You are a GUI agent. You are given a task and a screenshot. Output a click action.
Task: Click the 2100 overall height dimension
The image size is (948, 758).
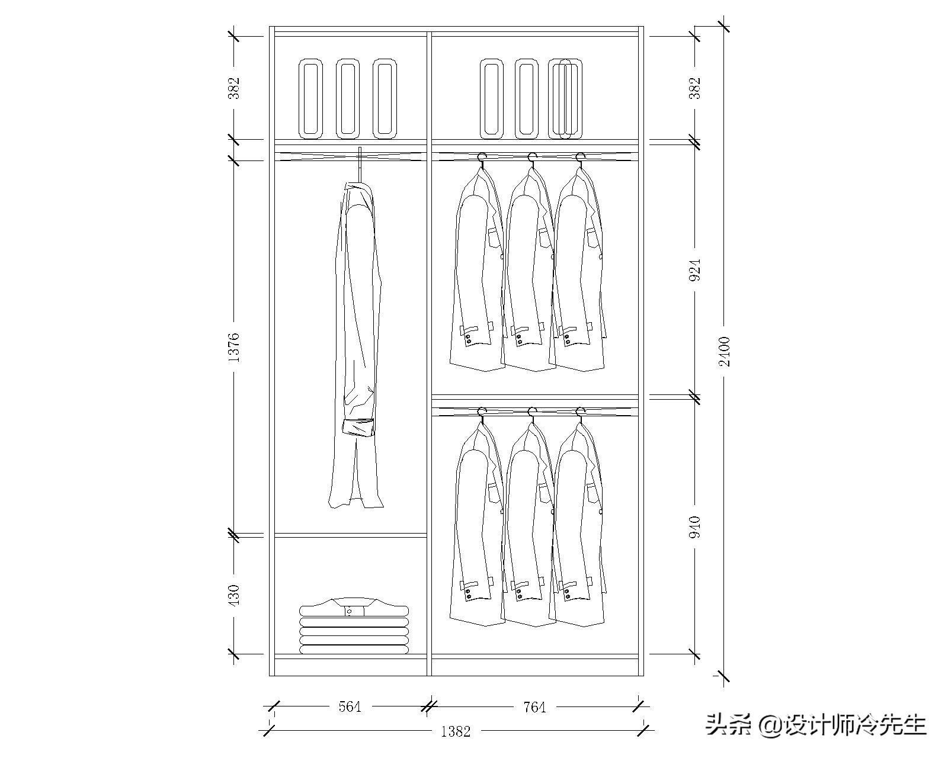(725, 352)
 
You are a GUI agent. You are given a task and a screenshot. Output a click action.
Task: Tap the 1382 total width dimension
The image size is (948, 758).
(456, 731)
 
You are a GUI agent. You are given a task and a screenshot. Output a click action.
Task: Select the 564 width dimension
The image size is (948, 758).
(350, 707)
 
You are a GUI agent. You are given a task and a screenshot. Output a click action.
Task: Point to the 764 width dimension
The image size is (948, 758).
(535, 707)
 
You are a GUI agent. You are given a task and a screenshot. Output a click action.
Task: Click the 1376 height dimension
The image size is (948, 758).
(235, 348)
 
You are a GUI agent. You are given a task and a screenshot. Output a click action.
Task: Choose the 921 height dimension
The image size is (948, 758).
(694, 269)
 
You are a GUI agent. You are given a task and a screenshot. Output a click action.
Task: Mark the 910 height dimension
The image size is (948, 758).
(694, 527)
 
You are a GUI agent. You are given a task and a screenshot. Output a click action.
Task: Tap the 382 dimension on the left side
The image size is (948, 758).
(235, 88)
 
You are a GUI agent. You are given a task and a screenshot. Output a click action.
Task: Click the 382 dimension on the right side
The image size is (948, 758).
(694, 88)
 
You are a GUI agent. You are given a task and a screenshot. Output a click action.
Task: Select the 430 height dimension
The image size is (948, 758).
(235, 595)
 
